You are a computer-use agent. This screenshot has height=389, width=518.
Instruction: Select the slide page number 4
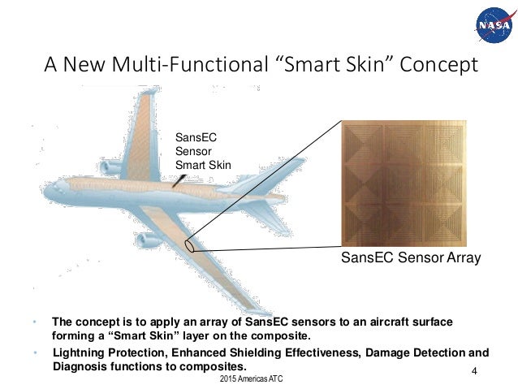(473, 371)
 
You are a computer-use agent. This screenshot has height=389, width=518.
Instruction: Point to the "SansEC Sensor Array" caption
(410, 258)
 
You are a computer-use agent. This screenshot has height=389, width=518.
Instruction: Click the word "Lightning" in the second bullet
(77, 353)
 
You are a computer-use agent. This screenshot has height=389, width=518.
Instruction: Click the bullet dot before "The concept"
(35, 322)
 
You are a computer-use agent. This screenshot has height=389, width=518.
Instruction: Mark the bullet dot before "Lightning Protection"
(35, 353)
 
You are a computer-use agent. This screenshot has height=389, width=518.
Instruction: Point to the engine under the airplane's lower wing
(149, 241)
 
